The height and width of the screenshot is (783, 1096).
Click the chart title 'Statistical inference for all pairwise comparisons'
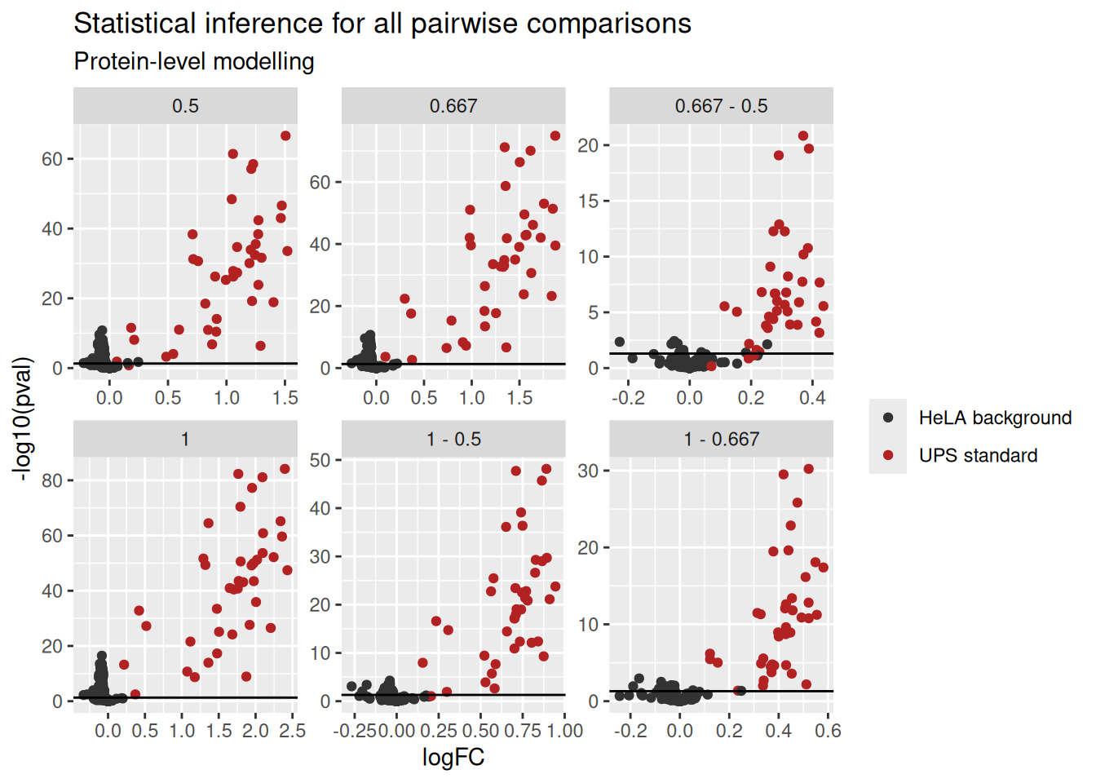tap(382, 24)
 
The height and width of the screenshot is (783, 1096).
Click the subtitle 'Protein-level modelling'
tap(194, 62)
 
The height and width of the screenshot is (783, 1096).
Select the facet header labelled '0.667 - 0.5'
tap(721, 106)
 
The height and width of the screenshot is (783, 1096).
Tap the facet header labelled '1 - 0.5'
tap(453, 439)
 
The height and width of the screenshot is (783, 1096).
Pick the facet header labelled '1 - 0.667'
tap(721, 439)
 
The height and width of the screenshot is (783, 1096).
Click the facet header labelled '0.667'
tap(453, 106)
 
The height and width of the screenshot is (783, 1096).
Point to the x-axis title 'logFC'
tap(453, 757)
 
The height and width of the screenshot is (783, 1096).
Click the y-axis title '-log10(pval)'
tap(23, 418)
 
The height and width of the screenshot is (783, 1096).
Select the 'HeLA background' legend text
tap(995, 418)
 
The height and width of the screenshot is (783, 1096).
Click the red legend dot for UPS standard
tap(888, 455)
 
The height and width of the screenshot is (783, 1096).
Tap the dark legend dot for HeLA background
tap(888, 418)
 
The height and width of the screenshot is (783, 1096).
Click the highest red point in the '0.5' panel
tap(285, 136)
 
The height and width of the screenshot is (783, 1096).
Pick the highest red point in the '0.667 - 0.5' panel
tap(803, 136)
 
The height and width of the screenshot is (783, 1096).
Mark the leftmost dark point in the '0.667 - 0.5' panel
tap(620, 343)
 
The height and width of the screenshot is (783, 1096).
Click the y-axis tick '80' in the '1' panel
tap(52, 480)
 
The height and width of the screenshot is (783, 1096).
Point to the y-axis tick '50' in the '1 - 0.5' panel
tap(320, 460)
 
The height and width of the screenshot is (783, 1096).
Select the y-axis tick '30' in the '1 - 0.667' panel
tap(588, 471)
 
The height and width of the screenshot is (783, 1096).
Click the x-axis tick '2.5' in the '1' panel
tap(292, 731)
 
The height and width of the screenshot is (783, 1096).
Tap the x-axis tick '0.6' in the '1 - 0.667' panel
tap(828, 731)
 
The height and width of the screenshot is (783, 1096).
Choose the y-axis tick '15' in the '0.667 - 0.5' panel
tap(588, 201)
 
